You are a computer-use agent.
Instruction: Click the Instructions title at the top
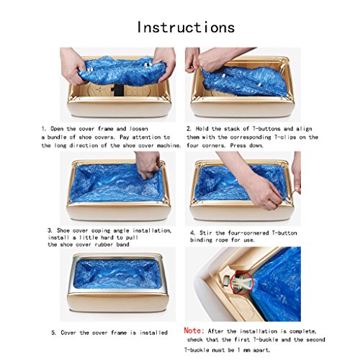pos(186,27)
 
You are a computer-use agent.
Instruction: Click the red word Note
pos(194,330)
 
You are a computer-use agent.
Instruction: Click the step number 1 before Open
pos(43,129)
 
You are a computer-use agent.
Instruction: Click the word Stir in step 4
pos(206,233)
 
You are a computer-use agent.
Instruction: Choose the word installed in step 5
pos(153,333)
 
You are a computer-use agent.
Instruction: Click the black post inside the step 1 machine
pos(117,91)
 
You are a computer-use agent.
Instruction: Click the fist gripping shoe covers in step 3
pos(147,166)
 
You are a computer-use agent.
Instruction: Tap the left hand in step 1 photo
pos(71,66)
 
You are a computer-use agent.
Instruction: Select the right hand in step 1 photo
pos(164,63)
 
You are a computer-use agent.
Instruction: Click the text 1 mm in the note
pos(243,350)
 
